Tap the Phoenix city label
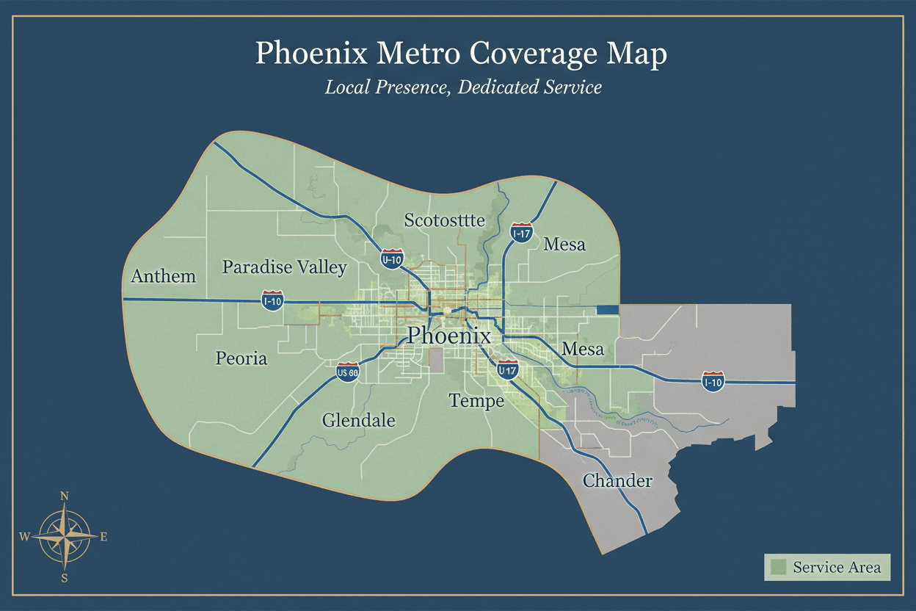pyautogui.click(x=448, y=336)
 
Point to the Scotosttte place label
pyautogui.click(x=444, y=220)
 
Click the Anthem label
pyautogui.click(x=163, y=276)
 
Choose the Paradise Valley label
pyautogui.click(x=284, y=267)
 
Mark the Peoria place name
pyautogui.click(x=241, y=358)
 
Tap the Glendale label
pyautogui.click(x=358, y=421)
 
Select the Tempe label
pyautogui.click(x=476, y=400)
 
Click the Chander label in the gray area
pyautogui.click(x=617, y=481)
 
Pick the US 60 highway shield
pyautogui.click(x=348, y=373)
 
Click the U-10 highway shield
pyautogui.click(x=391, y=258)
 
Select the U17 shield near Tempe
pyautogui.click(x=507, y=371)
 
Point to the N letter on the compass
pyautogui.click(x=64, y=496)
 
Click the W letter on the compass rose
pyautogui.click(x=24, y=537)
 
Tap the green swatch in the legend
pyautogui.click(x=779, y=567)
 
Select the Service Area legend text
pyautogui.click(x=837, y=567)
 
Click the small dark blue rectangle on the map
pyautogui.click(x=608, y=310)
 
